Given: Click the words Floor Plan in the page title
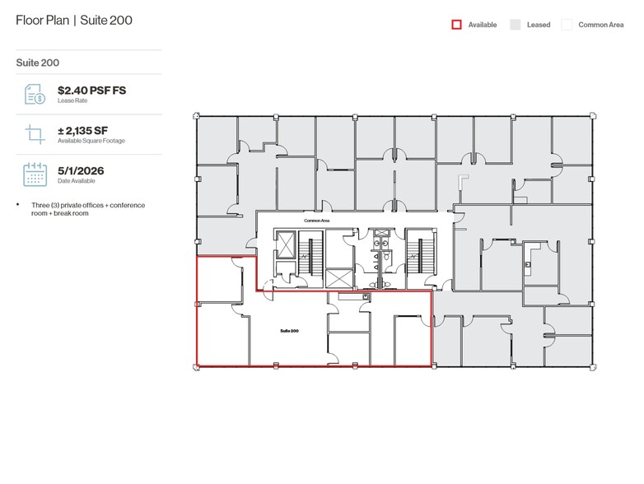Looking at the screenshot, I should [x=42, y=20].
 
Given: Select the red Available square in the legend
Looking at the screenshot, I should [x=456, y=25].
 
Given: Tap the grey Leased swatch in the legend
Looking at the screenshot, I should [x=515, y=25].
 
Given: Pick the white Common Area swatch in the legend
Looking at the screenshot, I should [x=567, y=25].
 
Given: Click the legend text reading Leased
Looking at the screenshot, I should [x=539, y=25].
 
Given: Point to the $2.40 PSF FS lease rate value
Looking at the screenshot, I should [x=92, y=91].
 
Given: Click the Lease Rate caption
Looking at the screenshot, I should [x=72, y=100].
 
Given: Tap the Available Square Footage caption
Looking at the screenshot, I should [x=91, y=141].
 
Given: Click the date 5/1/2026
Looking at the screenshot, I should [x=80, y=171].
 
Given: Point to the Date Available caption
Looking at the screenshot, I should [x=77, y=181].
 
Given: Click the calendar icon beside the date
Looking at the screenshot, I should [x=35, y=175].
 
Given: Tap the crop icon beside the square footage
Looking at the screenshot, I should [x=35, y=135].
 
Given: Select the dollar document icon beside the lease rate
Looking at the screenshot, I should [x=35, y=95].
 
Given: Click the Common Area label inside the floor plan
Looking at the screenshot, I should [x=316, y=221].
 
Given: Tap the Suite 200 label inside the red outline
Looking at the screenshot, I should [x=289, y=330].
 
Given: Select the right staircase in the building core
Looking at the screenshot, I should [x=419, y=255].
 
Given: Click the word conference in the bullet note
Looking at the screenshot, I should [x=127, y=205].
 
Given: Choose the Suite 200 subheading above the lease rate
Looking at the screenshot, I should [x=37, y=62].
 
